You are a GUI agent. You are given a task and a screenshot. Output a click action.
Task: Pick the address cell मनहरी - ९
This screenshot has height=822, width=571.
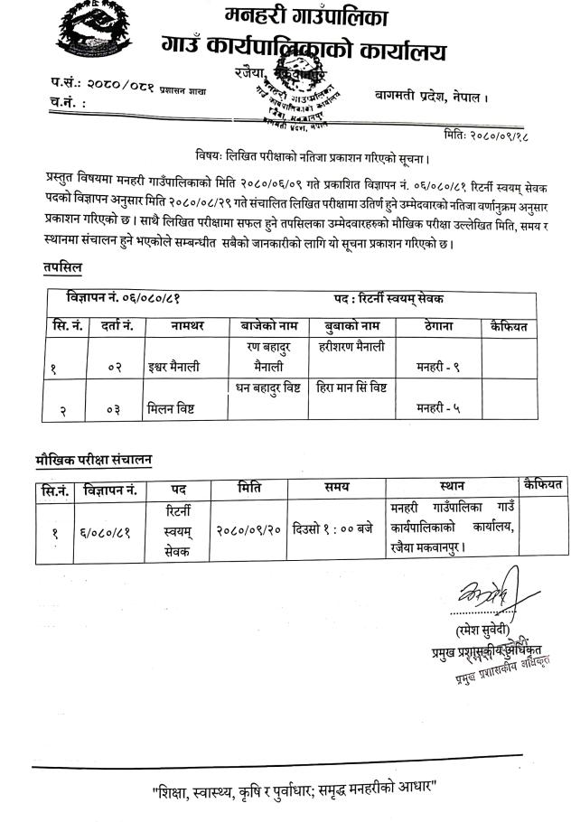[439, 367]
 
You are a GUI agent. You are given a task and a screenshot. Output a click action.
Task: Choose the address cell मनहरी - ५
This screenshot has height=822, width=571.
[439, 408]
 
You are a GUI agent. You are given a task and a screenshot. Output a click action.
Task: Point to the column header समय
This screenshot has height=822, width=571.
[336, 488]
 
